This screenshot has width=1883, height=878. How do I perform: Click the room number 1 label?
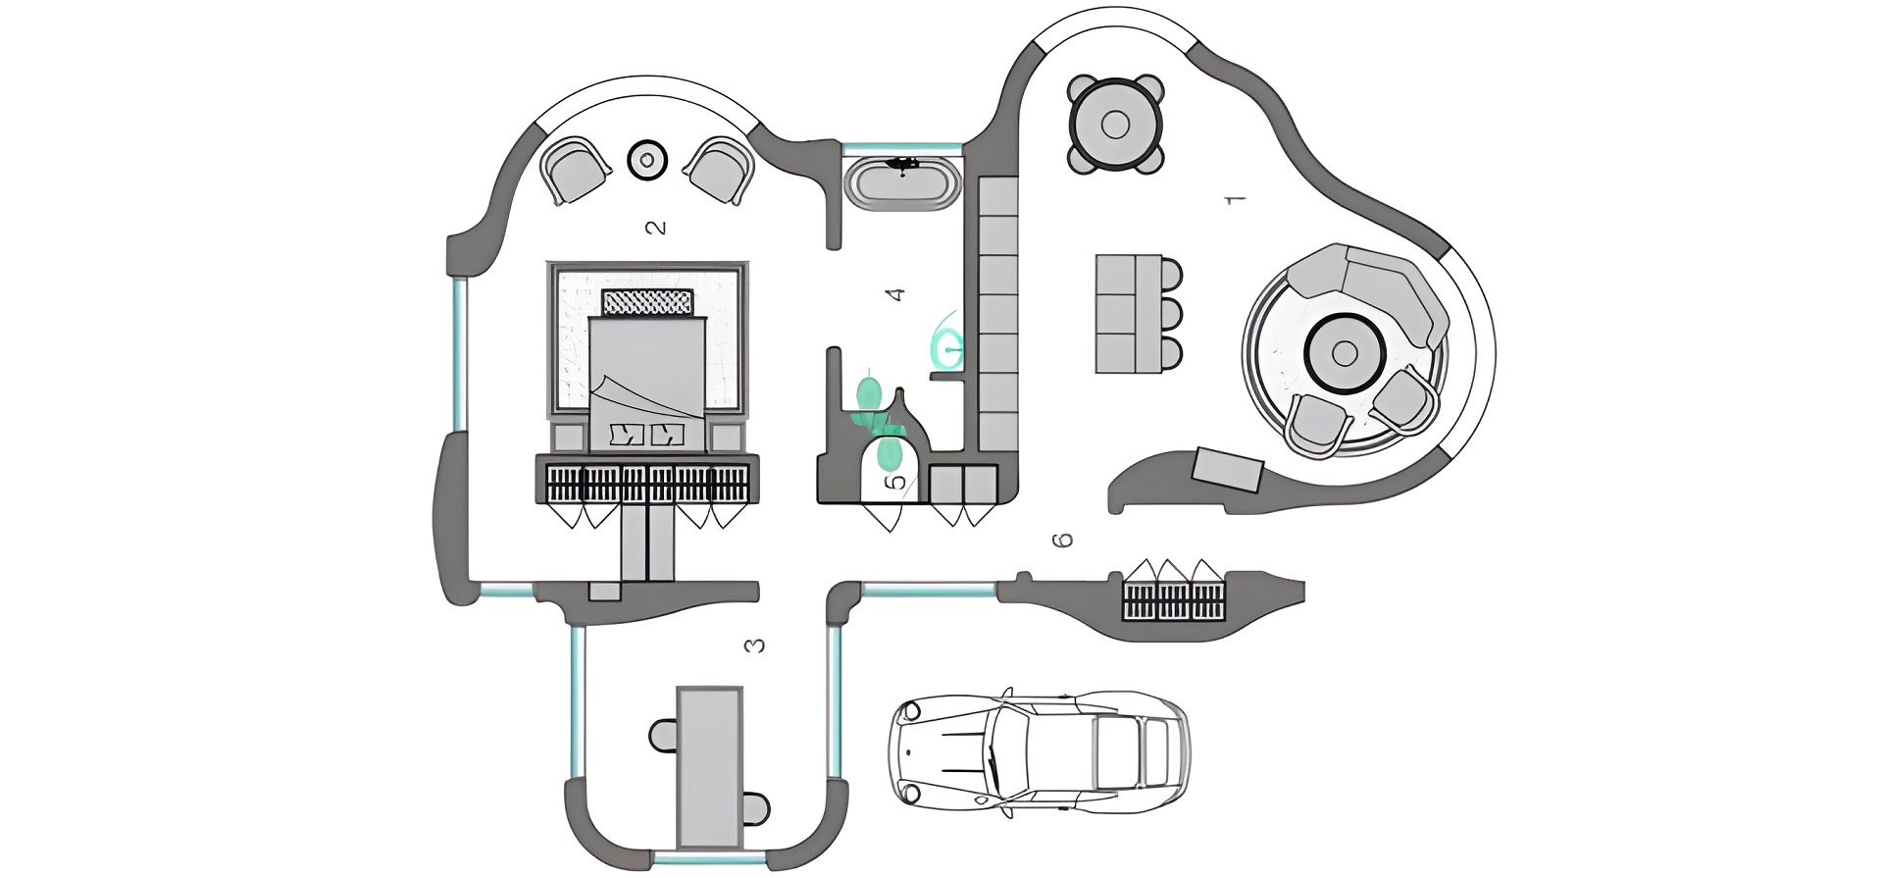tap(1236, 199)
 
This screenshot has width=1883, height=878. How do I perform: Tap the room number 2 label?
tap(656, 228)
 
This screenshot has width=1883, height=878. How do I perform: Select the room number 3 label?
tap(754, 646)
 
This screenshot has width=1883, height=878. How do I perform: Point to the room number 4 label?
tap(893, 293)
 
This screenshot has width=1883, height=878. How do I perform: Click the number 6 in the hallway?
tap(1062, 540)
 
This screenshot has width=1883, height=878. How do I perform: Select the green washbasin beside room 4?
tap(947, 343)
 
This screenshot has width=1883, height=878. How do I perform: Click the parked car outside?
tap(1038, 753)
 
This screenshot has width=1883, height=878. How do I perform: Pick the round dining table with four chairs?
tap(1115, 125)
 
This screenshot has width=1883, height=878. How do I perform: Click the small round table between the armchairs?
tap(646, 159)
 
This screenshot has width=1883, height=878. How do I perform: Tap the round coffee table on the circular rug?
tap(1345, 353)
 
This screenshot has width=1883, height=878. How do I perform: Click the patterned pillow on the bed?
tap(647, 302)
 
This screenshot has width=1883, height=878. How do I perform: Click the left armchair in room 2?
tap(576, 169)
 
